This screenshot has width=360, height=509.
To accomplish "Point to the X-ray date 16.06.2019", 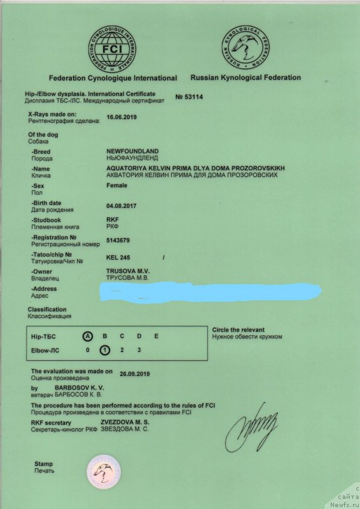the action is pos(121,118).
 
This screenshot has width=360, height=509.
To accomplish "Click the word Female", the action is pos(116,185).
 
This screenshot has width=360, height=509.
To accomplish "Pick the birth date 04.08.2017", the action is pos(121,206).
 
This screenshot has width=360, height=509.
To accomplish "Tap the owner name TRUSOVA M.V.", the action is pos(128,271).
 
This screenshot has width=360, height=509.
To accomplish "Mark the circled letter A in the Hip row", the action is pos(88,335).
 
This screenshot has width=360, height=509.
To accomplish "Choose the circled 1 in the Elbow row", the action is pos(104,350).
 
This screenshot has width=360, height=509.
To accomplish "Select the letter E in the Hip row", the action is pos(156,335).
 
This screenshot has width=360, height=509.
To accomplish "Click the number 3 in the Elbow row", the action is pos(139,350).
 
